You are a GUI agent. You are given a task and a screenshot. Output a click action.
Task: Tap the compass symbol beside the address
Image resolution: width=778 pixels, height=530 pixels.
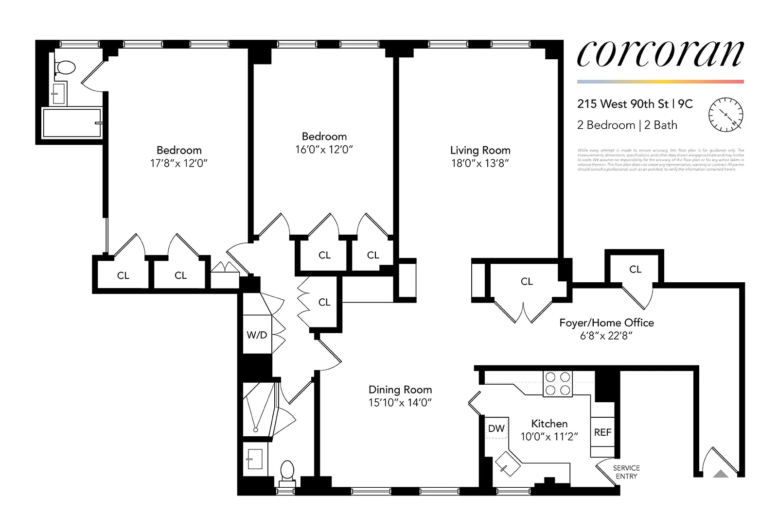[725, 115]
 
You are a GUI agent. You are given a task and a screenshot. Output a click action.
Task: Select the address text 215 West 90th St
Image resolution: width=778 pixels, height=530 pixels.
[623, 104]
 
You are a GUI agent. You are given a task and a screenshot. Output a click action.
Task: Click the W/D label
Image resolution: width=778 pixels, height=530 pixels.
[257, 335]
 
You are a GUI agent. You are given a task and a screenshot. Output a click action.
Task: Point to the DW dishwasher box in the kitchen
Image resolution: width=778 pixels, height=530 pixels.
[496, 428]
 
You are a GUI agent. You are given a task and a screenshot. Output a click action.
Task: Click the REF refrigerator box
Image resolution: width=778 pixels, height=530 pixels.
[602, 432]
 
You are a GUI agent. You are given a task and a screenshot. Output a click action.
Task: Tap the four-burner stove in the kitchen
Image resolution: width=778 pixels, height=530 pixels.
[558, 384]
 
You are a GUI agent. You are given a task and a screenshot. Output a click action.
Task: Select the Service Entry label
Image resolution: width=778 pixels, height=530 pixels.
[626, 472]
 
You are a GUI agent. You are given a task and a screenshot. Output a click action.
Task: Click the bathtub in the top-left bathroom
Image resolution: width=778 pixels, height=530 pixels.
[72, 123]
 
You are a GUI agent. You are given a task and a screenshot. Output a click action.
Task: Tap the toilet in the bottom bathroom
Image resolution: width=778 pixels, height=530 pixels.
[287, 471]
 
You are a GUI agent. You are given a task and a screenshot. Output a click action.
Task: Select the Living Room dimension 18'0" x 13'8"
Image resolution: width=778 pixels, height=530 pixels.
[480, 163]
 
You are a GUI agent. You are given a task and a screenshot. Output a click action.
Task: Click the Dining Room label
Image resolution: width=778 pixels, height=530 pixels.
[400, 390]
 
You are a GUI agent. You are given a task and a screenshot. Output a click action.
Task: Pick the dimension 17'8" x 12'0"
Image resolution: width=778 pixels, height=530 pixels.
[178, 163]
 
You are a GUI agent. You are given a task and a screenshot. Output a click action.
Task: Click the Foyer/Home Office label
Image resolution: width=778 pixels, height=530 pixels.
[606, 323]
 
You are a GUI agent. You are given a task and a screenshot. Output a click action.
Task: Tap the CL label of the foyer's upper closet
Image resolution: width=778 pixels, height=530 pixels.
[635, 269]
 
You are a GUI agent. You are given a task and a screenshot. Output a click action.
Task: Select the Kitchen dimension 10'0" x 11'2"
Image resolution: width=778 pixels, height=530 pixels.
[549, 437]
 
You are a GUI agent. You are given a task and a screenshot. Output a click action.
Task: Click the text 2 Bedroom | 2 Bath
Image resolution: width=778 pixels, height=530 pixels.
[627, 125]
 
